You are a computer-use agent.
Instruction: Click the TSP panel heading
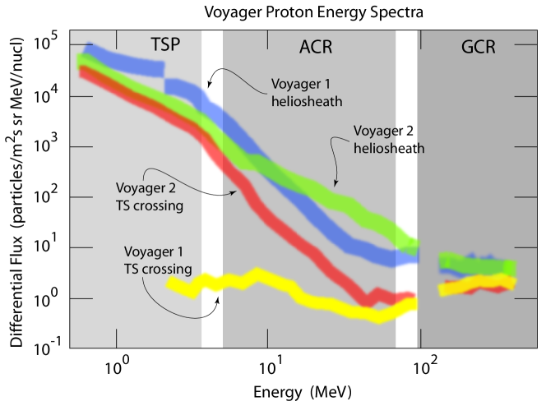164,44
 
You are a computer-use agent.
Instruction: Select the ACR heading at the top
316,47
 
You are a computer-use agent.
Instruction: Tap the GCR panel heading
478,47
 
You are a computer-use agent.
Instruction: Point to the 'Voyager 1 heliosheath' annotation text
306,92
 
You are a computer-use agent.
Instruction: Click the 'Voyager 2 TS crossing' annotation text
149,196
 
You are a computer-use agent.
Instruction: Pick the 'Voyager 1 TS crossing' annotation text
158,260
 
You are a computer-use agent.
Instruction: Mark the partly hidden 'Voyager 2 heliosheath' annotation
386,140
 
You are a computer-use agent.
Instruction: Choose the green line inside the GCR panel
477,265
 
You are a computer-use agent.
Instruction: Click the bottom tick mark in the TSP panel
116,338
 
